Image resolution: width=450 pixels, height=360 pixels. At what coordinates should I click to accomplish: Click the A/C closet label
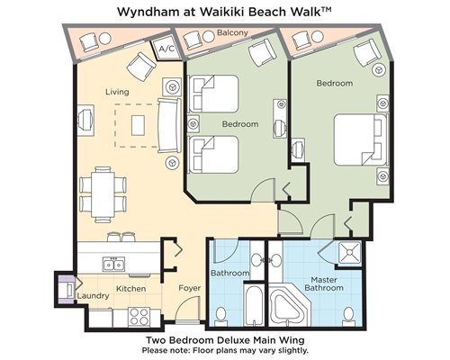click(166, 49)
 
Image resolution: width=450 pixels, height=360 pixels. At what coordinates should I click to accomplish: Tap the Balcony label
click(232, 32)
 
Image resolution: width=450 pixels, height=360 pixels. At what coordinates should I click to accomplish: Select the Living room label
click(117, 92)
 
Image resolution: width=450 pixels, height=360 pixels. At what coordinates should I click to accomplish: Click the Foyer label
click(190, 288)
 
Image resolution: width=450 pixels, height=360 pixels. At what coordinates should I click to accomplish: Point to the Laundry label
click(93, 296)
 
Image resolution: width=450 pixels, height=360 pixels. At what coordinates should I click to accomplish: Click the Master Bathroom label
click(324, 283)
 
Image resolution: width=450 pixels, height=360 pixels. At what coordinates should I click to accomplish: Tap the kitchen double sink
click(114, 265)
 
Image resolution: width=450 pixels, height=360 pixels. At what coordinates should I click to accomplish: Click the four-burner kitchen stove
click(139, 317)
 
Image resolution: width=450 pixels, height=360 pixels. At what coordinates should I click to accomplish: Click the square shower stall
click(349, 253)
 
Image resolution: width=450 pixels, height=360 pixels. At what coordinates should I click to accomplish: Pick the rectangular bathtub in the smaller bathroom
click(255, 305)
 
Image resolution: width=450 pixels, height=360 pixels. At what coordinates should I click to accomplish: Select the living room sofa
click(169, 126)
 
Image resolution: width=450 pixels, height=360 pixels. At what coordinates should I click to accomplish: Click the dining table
click(103, 194)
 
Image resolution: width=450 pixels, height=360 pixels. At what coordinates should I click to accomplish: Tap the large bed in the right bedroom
click(360, 139)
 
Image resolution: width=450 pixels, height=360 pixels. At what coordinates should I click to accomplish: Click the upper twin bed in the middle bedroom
click(213, 94)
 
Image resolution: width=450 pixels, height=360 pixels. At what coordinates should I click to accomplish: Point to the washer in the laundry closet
click(67, 290)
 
